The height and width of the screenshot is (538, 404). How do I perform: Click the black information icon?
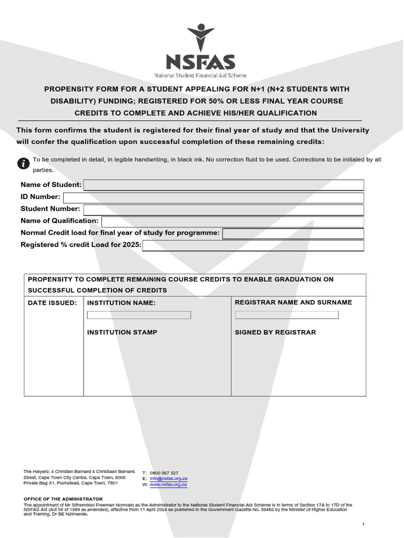tap(23, 163)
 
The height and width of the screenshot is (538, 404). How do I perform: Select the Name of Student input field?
tap(224, 185)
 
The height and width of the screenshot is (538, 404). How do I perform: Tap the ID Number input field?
tap(213, 198)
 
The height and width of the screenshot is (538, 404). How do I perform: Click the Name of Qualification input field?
tap(233, 222)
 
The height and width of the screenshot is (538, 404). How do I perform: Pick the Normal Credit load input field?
tap(293, 234)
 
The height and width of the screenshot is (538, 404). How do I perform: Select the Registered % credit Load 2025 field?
tap(253, 246)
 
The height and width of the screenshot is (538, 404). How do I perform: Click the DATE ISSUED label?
tap(52, 303)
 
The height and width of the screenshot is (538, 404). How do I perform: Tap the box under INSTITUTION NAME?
tap(139, 315)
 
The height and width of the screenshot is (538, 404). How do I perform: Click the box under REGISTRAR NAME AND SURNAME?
tap(287, 315)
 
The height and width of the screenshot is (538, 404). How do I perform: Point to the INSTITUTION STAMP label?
tap(122, 333)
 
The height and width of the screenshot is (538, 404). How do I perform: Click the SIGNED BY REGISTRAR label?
tap(275, 333)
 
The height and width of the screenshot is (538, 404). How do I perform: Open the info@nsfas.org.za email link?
tap(168, 479)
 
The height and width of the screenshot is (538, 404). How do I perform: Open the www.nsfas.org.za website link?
tap(168, 484)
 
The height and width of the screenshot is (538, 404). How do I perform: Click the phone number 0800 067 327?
tap(164, 473)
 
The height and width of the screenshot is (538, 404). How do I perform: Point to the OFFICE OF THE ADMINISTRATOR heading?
tap(63, 499)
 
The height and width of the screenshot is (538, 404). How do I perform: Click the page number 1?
tap(363, 524)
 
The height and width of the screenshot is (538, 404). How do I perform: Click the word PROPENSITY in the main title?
tap(69, 89)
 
